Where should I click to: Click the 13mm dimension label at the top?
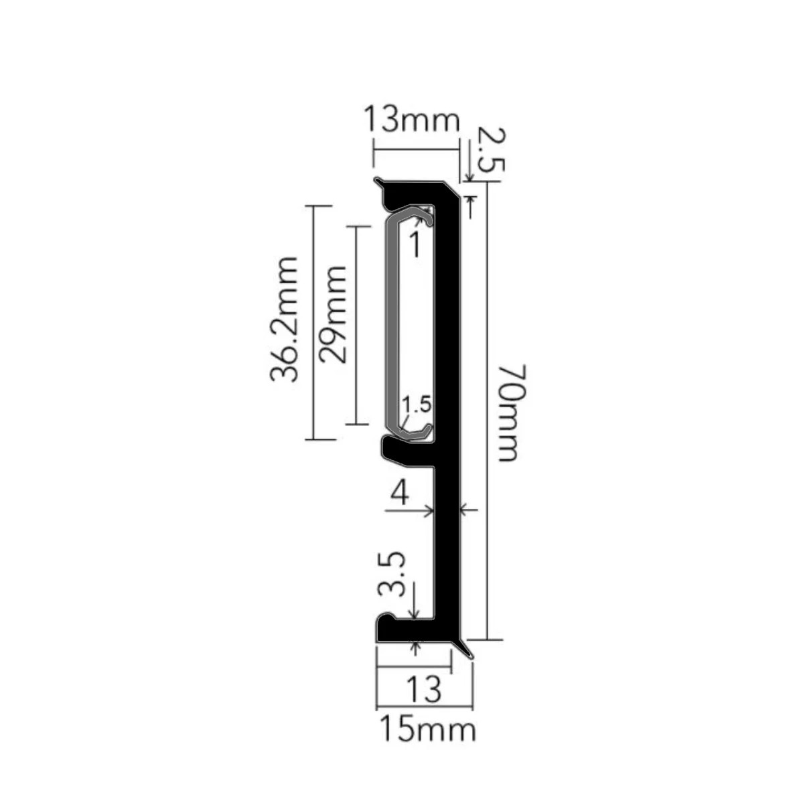pos(412,119)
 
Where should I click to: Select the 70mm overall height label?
pos(512,413)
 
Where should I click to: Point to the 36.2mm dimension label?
pos(284,319)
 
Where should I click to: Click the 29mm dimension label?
pos(332,314)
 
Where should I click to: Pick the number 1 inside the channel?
pos(415,244)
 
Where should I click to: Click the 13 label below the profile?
pos(424,688)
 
